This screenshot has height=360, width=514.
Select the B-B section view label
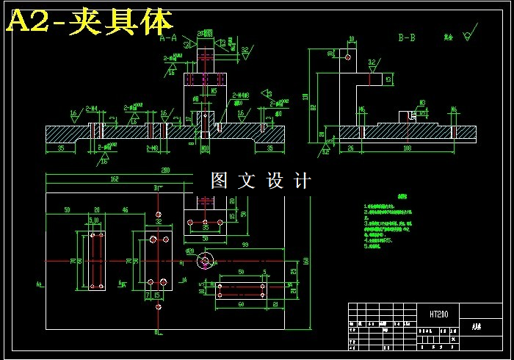point(407,36)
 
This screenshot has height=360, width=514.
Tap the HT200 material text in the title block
point(439,314)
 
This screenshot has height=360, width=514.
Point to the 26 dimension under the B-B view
point(350,148)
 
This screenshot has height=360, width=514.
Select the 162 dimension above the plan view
point(115,179)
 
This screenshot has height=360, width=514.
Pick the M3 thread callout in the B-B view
point(423,103)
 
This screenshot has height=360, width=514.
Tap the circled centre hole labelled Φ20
point(205,259)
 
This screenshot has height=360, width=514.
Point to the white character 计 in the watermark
point(303,181)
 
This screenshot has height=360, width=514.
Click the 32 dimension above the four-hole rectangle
point(159,220)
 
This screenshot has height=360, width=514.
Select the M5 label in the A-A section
point(213,91)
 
